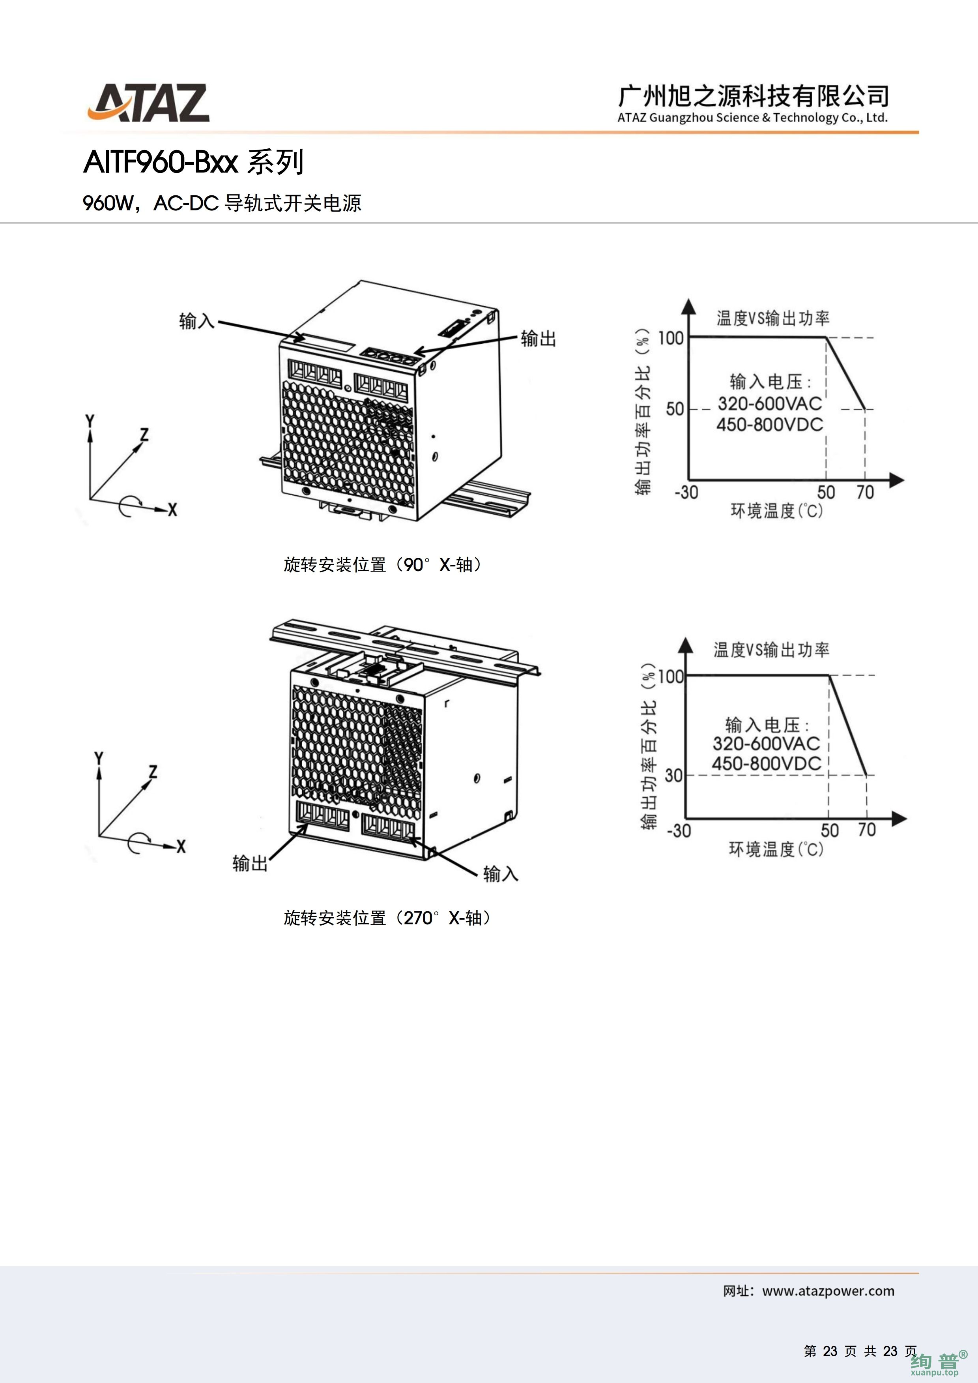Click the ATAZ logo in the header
(149, 103)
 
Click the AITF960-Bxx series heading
(193, 162)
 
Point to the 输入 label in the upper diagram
(196, 321)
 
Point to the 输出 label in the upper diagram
(538, 339)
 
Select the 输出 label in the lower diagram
(250, 863)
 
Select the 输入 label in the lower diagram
(501, 873)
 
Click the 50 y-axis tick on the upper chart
(675, 410)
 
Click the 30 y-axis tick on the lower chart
(673, 775)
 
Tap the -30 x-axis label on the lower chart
(679, 831)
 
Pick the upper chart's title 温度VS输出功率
(772, 318)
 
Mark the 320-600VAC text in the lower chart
(766, 743)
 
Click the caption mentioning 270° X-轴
(387, 918)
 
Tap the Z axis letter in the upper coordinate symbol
(144, 434)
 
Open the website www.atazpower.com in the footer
(828, 1291)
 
